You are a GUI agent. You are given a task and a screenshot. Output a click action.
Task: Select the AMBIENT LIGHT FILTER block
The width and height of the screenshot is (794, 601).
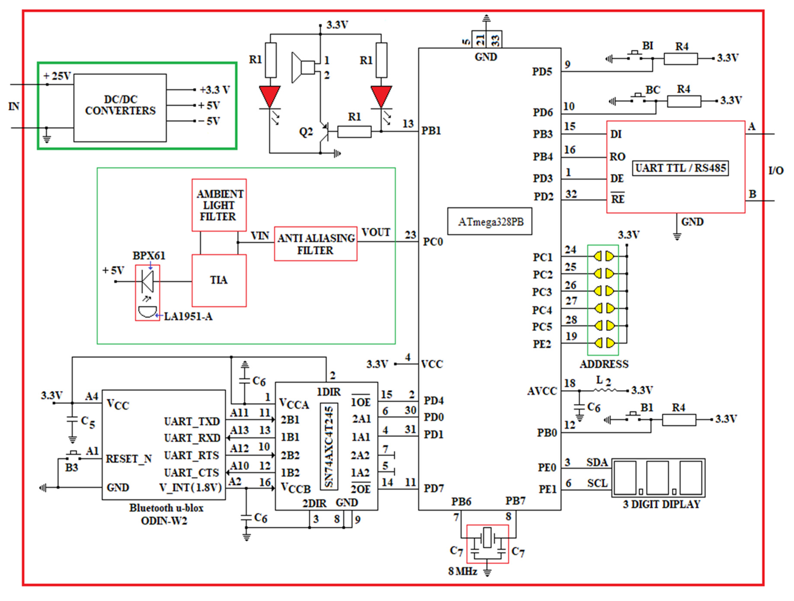pos(219,205)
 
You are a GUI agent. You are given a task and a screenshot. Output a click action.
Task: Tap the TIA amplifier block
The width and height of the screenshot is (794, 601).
pos(219,280)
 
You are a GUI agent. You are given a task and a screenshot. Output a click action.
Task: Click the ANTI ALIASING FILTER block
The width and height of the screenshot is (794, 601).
pos(316,244)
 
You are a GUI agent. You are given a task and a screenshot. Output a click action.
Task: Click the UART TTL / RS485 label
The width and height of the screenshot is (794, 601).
pos(680,168)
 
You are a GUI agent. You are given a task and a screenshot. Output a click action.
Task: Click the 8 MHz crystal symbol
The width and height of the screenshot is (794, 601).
pos(487,537)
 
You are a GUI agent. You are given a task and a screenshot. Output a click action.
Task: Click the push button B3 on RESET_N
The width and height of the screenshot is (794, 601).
pos(73,455)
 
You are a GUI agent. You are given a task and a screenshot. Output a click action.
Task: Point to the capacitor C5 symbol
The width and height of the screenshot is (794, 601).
pos(72,419)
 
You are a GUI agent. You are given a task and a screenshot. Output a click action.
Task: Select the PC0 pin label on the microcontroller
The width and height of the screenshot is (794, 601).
pos(433,242)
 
